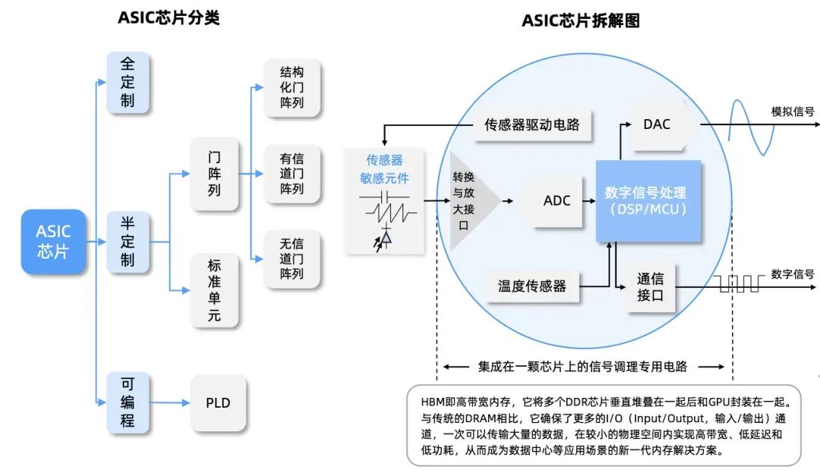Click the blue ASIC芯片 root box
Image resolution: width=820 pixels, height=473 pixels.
[53, 241]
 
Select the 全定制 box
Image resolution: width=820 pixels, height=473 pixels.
[128, 82]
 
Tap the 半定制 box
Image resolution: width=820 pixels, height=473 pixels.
[128, 241]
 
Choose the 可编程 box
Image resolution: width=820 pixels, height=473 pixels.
[128, 402]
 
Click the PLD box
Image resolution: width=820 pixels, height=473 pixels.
[218, 403]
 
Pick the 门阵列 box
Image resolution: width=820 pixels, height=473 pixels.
[214, 174]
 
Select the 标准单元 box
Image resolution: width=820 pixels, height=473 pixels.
[214, 291]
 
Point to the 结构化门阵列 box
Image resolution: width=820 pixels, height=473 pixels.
[292, 87]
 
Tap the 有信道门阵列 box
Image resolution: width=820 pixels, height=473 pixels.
[292, 174]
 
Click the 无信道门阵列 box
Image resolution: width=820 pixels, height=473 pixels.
[292, 259]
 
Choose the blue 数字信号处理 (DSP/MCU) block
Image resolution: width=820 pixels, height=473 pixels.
[648, 200]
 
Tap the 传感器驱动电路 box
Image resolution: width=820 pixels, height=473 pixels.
[532, 125]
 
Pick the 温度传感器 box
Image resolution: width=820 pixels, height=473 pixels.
[532, 286]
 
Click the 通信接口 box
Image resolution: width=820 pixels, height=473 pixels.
[650, 287]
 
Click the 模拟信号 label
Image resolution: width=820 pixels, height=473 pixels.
[793, 112]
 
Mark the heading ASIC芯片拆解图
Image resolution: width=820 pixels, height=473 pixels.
[581, 20]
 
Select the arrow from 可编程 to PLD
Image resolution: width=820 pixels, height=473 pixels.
[170, 403]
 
